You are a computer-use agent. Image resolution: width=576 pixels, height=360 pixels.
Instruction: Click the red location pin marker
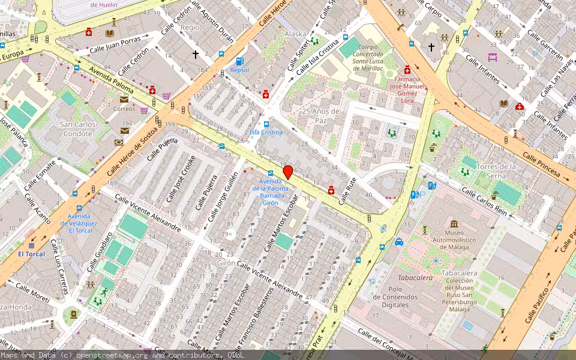click(x=288, y=172)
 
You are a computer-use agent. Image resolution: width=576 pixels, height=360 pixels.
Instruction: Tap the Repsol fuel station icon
click(x=240, y=61)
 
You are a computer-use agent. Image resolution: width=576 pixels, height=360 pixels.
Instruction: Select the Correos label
click(x=124, y=109)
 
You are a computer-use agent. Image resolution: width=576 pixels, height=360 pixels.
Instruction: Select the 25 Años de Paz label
click(x=321, y=115)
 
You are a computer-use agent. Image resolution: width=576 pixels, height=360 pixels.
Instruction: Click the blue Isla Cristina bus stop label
click(x=266, y=132)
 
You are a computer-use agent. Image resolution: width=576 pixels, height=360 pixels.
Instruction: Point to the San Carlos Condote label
click(x=77, y=129)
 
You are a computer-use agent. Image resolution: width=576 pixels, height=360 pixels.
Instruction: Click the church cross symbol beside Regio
click(x=195, y=55)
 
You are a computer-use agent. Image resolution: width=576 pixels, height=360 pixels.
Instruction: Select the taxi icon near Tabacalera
click(x=398, y=242)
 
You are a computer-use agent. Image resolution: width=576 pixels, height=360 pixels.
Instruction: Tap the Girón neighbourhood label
click(x=226, y=263)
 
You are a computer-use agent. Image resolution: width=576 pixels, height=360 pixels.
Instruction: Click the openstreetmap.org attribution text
click(x=110, y=355)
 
